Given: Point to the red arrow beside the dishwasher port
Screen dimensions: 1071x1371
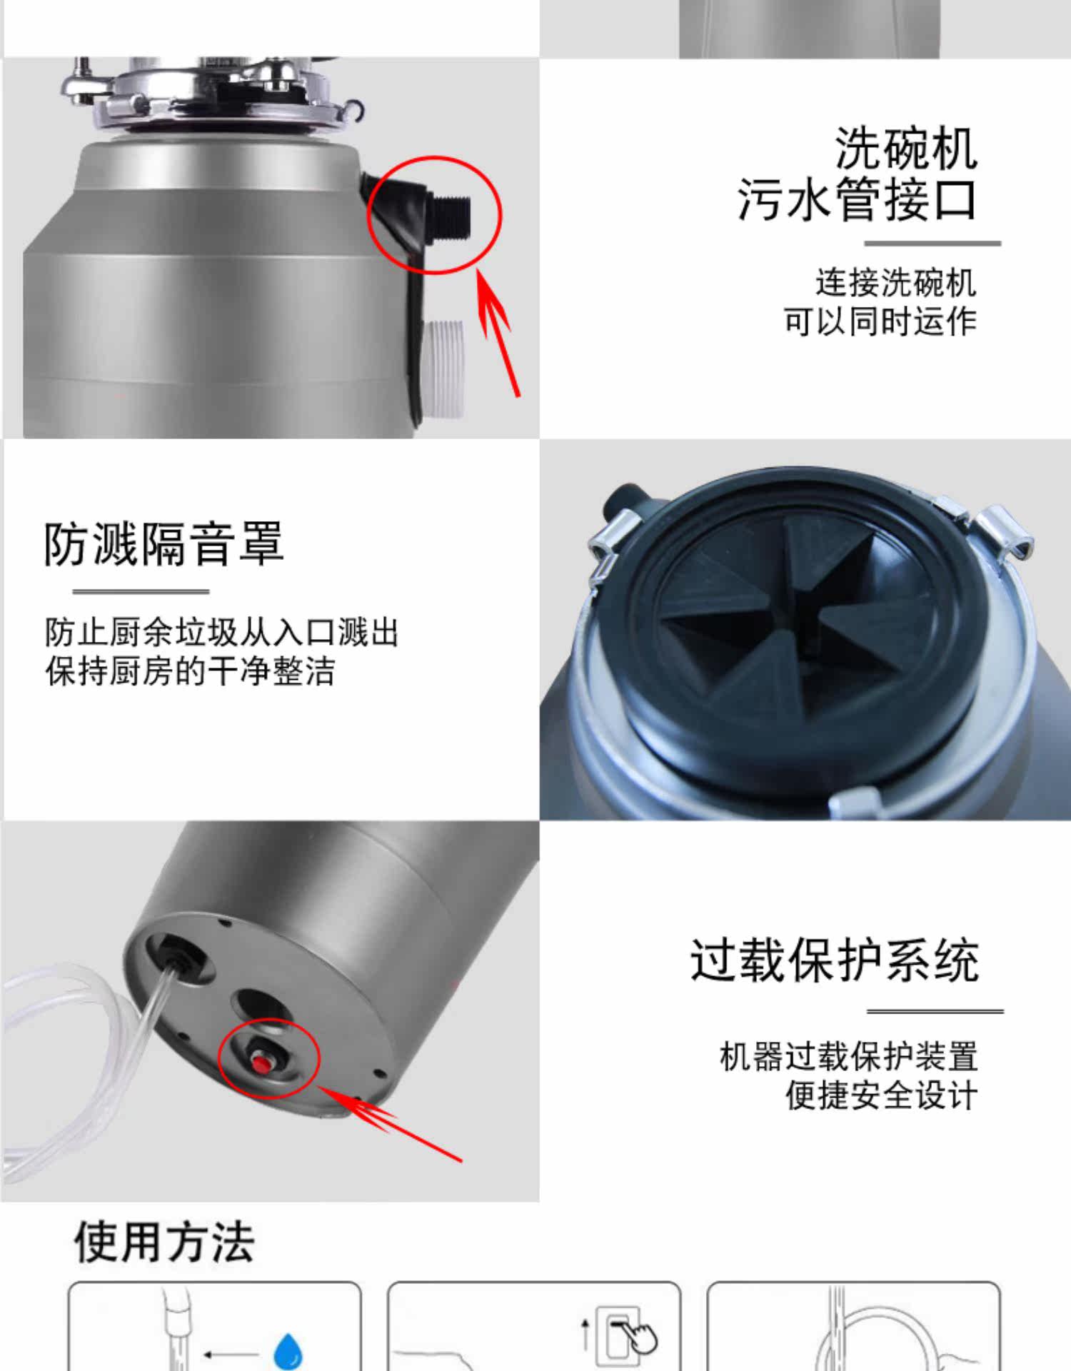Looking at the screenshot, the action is point(498,331).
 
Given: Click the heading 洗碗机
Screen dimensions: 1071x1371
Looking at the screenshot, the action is point(905,149).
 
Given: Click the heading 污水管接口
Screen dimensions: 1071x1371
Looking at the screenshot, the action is point(857,199).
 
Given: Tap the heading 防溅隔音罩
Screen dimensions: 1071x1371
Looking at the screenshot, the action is point(164,544).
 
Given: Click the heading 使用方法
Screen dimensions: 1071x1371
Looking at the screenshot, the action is point(164,1242).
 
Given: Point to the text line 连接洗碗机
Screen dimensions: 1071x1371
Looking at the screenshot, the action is point(895,283).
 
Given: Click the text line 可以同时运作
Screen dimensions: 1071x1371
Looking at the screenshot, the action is point(880,321).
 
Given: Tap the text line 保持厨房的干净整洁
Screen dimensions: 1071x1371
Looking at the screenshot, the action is point(190,671).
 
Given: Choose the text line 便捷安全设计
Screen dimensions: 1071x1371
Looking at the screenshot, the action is point(881,1095).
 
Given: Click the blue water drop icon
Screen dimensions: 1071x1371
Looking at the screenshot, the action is point(288,1352).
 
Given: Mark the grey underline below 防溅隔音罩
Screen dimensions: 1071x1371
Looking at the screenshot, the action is point(141,591).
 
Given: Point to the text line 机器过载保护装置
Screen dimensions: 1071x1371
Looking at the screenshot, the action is point(848,1057).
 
